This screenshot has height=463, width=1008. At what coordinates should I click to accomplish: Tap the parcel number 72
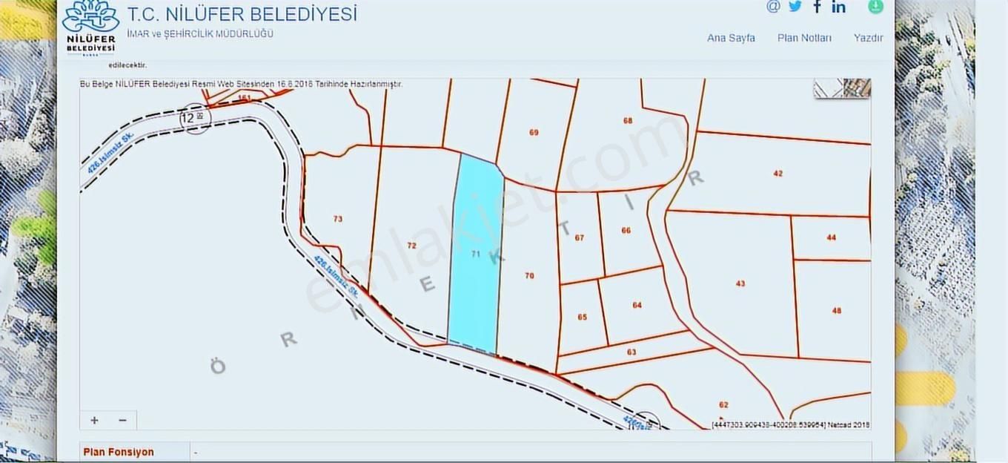point(412,246)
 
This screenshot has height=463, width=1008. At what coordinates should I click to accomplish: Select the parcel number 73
point(338,219)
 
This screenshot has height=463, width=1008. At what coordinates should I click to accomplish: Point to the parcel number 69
point(534,133)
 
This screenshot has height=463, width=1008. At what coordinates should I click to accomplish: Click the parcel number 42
point(777,174)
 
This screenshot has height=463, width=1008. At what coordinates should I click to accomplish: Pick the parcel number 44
point(831,237)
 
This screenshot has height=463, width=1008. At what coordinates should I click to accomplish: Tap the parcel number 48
point(837,311)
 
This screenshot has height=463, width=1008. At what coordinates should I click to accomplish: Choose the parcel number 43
point(740,283)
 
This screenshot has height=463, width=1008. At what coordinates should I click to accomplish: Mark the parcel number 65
point(582,317)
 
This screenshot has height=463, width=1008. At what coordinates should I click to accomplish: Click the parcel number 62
point(723,405)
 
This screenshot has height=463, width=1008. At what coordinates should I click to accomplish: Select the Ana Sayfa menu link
point(731,38)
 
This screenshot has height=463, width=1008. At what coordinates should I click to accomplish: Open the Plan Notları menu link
point(804,38)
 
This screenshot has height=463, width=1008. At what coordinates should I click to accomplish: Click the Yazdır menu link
point(868,38)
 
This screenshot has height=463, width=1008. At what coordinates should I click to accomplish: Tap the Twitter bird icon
point(795,7)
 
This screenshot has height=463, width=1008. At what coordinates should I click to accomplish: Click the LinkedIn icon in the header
point(838,7)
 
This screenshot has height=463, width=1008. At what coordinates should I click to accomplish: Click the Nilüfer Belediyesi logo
point(90,27)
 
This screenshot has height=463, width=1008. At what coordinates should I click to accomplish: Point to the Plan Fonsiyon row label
point(119,452)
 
